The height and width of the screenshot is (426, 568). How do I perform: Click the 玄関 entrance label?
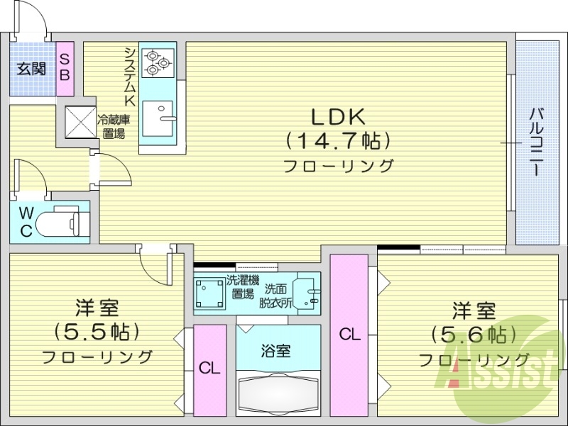tap(31, 69)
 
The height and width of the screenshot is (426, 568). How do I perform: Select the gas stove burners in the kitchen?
tap(158, 62)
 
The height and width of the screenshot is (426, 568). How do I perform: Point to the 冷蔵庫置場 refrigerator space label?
tap(112, 127)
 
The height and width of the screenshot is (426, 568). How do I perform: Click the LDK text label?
tap(337, 115)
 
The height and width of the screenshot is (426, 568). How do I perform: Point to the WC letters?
tap(26, 221)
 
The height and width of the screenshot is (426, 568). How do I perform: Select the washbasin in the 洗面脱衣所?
tap(307, 292)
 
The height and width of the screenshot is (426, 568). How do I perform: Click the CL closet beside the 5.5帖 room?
tap(209, 369)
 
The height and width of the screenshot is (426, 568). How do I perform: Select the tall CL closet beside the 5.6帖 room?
tap(349, 334)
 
